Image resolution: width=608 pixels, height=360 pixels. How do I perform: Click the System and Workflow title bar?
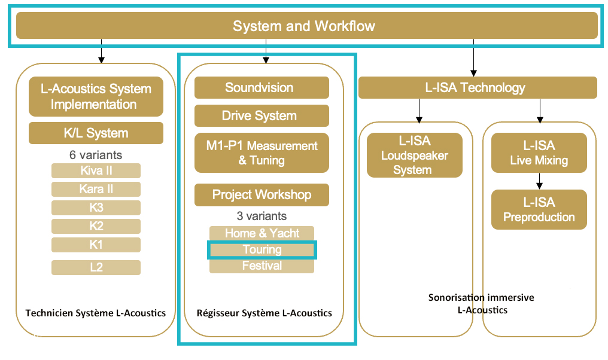(x=307, y=26)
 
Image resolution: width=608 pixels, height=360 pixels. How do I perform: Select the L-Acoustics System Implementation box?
(x=96, y=96)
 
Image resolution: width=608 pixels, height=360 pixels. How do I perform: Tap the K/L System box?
(x=96, y=133)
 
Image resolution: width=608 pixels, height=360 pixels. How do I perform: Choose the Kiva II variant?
(x=96, y=170)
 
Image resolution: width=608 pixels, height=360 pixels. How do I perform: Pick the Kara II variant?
(x=96, y=189)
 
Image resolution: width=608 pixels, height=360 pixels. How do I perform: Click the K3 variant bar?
(x=96, y=208)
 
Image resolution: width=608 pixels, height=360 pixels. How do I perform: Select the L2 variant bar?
(x=96, y=267)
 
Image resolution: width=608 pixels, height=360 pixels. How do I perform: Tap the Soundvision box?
(x=262, y=87)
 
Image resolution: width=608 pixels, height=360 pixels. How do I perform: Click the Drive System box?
(x=262, y=115)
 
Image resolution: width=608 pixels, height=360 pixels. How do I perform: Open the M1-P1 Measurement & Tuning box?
(x=262, y=152)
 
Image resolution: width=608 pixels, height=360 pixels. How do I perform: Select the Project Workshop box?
(x=262, y=194)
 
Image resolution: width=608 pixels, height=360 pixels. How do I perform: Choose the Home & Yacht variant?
(x=262, y=233)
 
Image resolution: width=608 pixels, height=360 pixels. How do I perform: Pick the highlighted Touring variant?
(x=262, y=250)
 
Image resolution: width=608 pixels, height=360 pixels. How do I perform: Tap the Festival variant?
(x=262, y=266)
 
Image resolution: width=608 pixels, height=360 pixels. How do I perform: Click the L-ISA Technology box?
(x=478, y=87)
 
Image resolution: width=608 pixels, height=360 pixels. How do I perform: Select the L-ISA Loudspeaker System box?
(x=415, y=155)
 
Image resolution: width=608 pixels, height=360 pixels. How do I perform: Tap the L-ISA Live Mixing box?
(x=539, y=152)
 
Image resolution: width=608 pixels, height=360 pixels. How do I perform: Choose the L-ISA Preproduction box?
(x=539, y=210)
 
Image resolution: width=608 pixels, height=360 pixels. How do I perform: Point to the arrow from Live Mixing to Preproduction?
(x=539, y=181)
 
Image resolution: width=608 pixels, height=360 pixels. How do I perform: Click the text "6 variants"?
(x=96, y=155)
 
